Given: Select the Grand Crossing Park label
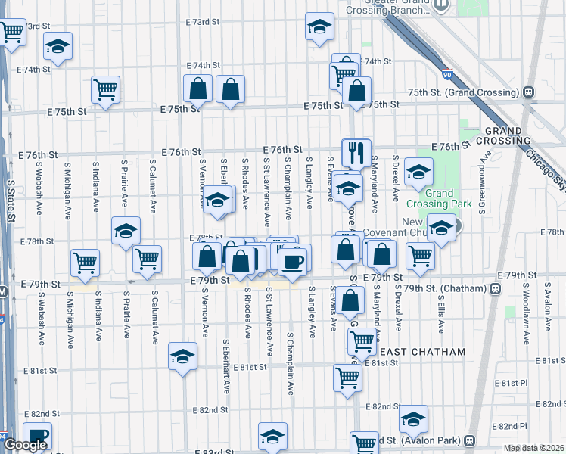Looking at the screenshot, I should pyautogui.click(x=440, y=198).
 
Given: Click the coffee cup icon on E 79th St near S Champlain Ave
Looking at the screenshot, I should pyautogui.click(x=292, y=262).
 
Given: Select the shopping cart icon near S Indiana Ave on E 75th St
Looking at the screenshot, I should pyautogui.click(x=105, y=89).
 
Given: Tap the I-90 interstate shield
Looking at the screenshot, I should pyautogui.click(x=448, y=76).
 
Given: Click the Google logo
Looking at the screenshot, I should pyautogui.click(x=25, y=446).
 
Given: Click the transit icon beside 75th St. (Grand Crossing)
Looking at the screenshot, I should pyautogui.click(x=528, y=92).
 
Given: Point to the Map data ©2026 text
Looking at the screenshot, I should pyautogui.click(x=533, y=448).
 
